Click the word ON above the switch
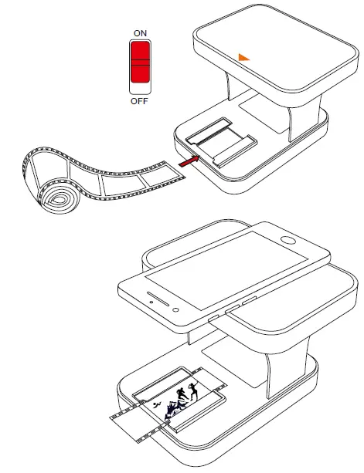(141, 34)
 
